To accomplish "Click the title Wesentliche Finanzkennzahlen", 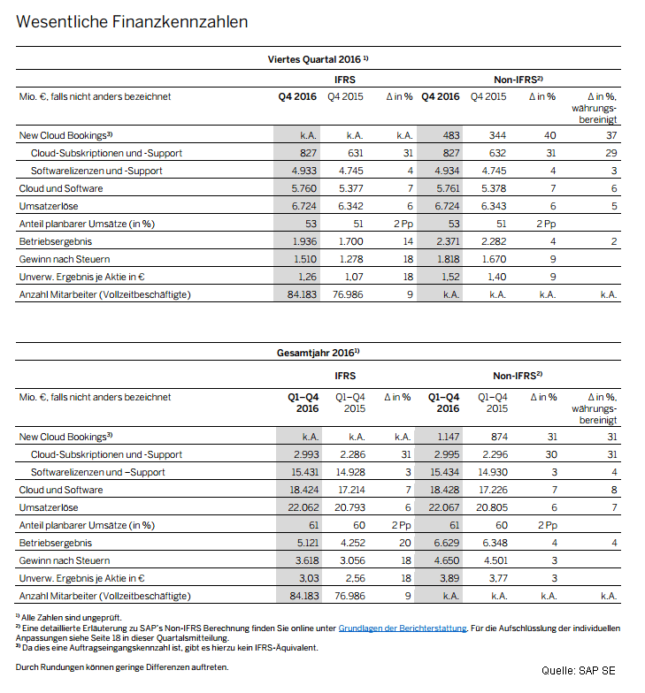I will [132, 20].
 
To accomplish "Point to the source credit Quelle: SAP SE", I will [579, 671].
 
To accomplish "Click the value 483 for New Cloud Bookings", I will [449, 135].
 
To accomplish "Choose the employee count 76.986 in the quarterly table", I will [349, 294].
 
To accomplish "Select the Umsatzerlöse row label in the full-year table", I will [49, 507].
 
